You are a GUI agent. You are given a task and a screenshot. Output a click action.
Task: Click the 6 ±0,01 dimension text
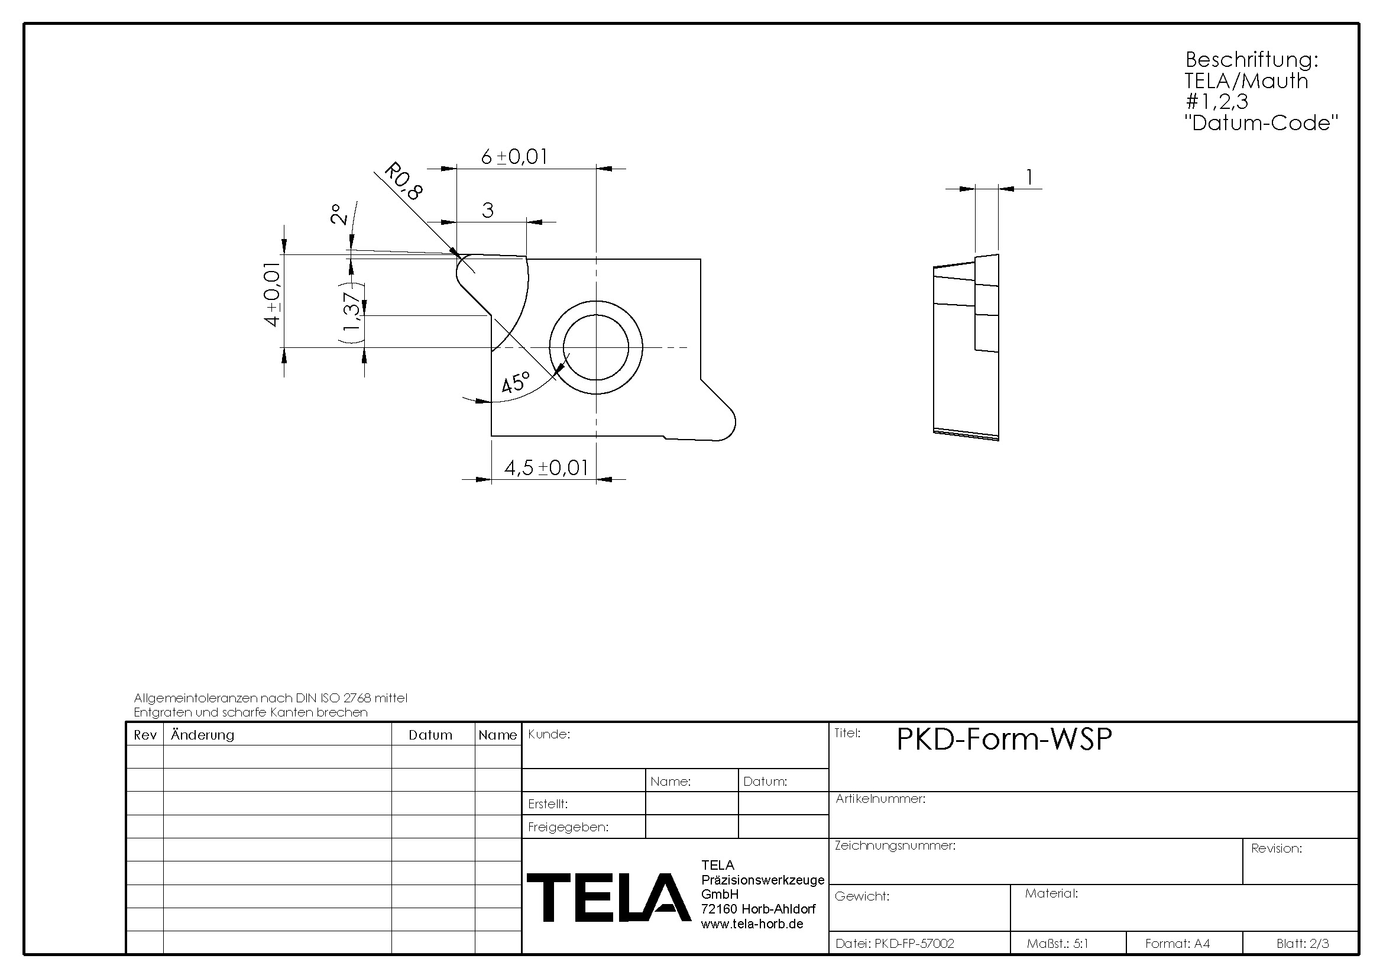click(x=514, y=157)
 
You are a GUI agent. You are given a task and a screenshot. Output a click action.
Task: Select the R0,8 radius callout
click(x=403, y=181)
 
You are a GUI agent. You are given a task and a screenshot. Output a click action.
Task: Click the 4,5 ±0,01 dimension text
click(x=546, y=467)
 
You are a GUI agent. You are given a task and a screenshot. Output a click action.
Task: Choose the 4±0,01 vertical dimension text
click(x=273, y=294)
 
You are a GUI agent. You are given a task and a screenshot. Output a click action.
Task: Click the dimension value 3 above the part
click(x=487, y=209)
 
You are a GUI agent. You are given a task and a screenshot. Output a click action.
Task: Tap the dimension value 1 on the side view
click(x=1029, y=177)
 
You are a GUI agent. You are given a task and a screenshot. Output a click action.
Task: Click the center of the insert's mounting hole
click(x=596, y=347)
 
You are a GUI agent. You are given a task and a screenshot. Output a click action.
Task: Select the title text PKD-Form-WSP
click(x=1004, y=739)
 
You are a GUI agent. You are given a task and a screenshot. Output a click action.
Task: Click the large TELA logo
click(x=608, y=898)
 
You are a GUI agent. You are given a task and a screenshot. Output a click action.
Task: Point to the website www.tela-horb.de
click(x=752, y=924)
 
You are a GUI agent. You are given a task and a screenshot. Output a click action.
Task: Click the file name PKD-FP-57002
click(x=914, y=944)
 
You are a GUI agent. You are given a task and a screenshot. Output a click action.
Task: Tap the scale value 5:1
click(x=1081, y=944)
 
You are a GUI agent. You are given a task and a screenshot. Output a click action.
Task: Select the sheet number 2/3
click(x=1319, y=944)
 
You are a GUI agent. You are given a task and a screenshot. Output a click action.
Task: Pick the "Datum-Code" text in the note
click(x=1261, y=123)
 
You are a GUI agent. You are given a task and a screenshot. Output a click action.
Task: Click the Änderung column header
click(x=202, y=735)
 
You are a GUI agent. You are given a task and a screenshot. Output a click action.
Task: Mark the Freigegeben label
click(x=568, y=827)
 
